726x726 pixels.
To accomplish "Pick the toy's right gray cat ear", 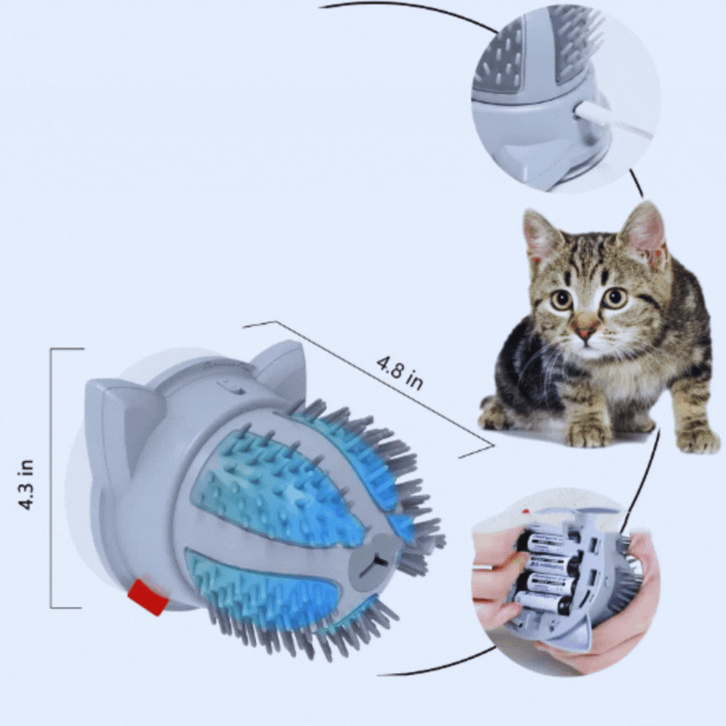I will click(277, 368).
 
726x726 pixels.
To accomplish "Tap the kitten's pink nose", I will click(586, 331).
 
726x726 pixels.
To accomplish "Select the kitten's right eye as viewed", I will click(614, 298).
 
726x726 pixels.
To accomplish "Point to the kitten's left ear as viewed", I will click(541, 236).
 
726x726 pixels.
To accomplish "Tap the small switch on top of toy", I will click(227, 388).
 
